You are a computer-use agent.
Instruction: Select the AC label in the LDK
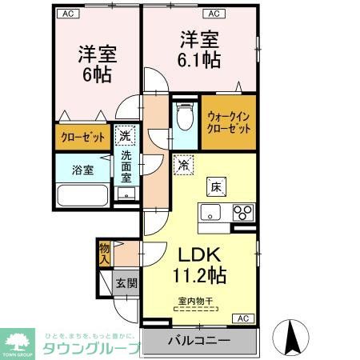(x=242, y=318)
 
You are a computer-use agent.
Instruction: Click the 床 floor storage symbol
(x=217, y=187)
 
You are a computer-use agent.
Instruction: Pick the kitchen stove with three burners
(x=242, y=212)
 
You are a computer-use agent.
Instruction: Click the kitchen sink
(x=211, y=212)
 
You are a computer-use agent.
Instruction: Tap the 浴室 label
(x=82, y=170)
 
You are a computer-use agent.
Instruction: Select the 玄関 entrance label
(x=125, y=283)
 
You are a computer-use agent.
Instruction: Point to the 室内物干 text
(x=194, y=301)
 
